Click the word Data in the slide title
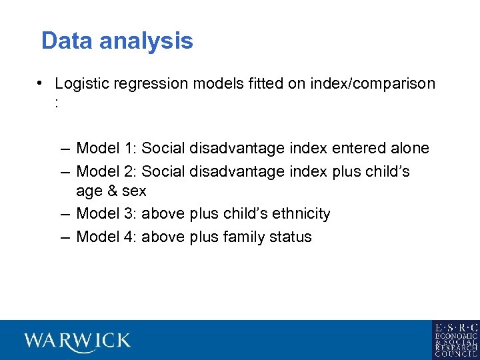coord(65,41)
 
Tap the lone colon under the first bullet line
coord(58,104)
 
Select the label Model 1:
coord(107,148)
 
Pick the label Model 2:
coord(107,171)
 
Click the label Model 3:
coord(107,214)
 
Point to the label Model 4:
coord(107,237)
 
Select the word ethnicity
coord(297,214)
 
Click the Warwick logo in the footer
coord(77,341)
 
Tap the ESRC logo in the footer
coord(455,340)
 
